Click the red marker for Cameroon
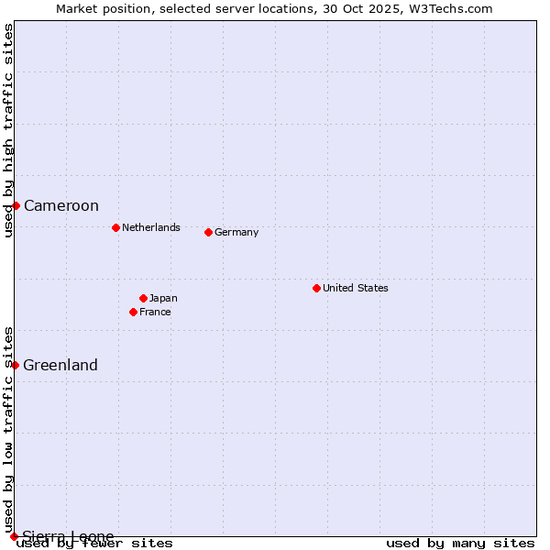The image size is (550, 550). [x=16, y=205]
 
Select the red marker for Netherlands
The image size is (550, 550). [x=115, y=227]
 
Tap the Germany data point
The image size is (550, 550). [x=208, y=232]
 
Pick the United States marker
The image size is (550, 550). [x=316, y=288]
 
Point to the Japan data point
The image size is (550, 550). [x=143, y=298]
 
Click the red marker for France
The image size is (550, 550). [x=133, y=312]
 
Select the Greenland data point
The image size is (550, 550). [x=15, y=365]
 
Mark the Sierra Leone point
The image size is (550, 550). [x=14, y=536]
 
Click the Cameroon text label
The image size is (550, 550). [x=61, y=205]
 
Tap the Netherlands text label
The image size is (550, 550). [x=151, y=227]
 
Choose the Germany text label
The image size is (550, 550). [x=236, y=232]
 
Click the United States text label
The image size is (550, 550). [x=356, y=288]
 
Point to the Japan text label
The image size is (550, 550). [x=163, y=298]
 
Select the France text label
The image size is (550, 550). [x=155, y=312]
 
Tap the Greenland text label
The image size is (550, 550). [x=60, y=365]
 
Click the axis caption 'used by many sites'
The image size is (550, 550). [x=460, y=544]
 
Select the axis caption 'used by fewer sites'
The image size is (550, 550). [x=95, y=544]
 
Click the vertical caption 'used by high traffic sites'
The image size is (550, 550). [x=8, y=130]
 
